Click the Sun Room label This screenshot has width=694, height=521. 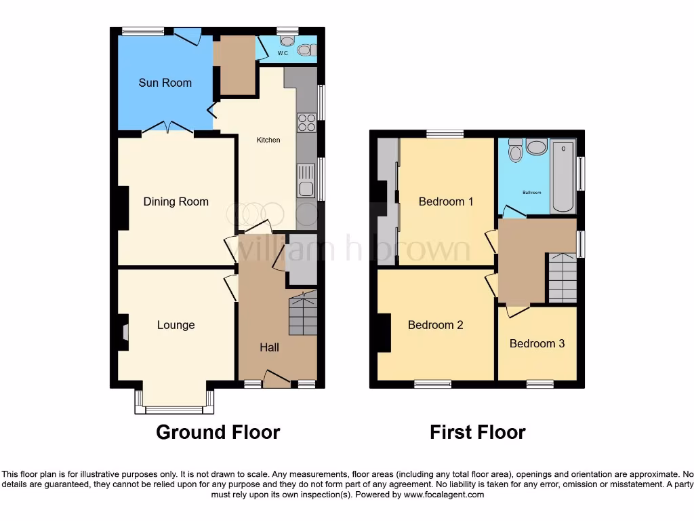(165, 83)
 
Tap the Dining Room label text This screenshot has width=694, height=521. (176, 201)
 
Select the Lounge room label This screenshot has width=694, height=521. (176, 325)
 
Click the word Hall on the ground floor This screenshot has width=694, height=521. (269, 347)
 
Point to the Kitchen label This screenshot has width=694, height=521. (268, 140)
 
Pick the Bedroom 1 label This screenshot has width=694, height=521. (445, 201)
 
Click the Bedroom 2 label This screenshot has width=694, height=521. (435, 325)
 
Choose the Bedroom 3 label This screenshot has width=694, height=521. (537, 343)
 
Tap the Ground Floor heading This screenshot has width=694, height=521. (218, 432)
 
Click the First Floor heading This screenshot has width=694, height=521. (477, 432)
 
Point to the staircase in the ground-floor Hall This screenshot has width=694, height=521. (303, 312)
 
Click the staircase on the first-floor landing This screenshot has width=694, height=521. (562, 277)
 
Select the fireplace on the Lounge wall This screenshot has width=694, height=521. (125, 332)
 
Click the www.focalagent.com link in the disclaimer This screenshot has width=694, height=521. (444, 495)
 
